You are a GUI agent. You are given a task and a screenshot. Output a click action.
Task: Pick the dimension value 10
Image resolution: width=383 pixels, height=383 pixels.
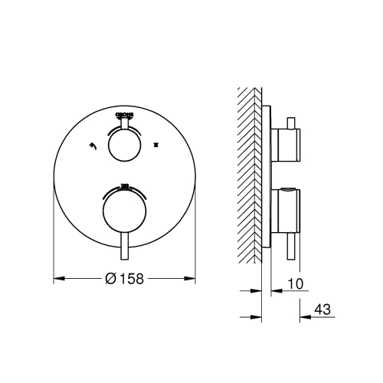coord(294,284)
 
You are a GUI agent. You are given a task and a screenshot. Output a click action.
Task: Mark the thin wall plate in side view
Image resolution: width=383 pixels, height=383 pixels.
coord(267,176)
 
